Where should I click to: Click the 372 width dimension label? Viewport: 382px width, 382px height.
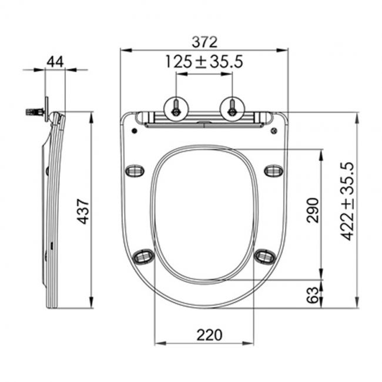point(204,42)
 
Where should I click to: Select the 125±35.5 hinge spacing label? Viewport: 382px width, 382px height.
point(204,61)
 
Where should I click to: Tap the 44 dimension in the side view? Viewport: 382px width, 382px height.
point(55,62)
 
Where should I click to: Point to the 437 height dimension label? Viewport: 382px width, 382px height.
point(83,211)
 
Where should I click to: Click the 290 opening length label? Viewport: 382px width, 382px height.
point(313,210)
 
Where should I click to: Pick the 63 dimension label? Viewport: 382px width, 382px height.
point(313,295)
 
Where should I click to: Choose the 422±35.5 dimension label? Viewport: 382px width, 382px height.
point(347,201)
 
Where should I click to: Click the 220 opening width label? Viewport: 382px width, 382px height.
point(210,335)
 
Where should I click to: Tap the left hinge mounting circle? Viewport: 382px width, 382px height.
point(176,109)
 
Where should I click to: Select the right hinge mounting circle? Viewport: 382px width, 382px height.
point(232,109)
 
